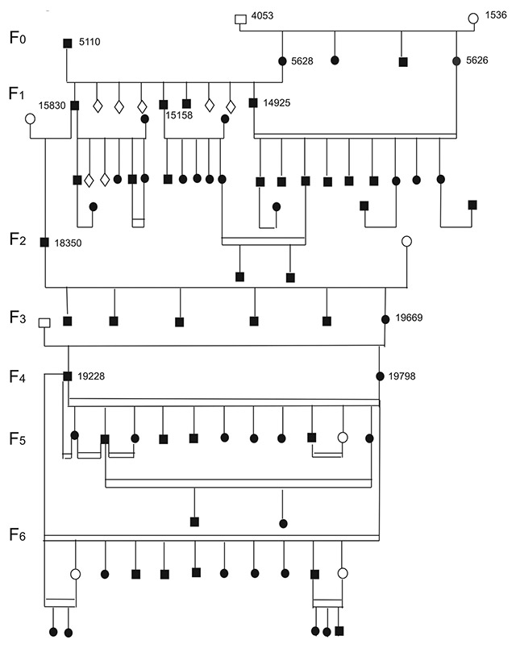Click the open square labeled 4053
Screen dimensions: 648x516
(x=240, y=19)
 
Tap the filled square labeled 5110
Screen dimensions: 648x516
(x=68, y=43)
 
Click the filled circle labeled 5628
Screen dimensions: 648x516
(x=283, y=60)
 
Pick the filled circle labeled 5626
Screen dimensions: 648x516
(x=457, y=60)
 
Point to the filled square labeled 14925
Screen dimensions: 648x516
(x=253, y=102)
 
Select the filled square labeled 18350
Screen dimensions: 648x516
(x=45, y=242)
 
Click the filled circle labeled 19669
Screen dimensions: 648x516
(x=385, y=319)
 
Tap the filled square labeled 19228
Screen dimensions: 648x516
(x=68, y=376)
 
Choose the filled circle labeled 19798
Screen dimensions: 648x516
(x=380, y=376)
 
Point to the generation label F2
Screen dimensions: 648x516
(x=18, y=239)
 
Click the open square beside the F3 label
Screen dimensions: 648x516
(x=45, y=322)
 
